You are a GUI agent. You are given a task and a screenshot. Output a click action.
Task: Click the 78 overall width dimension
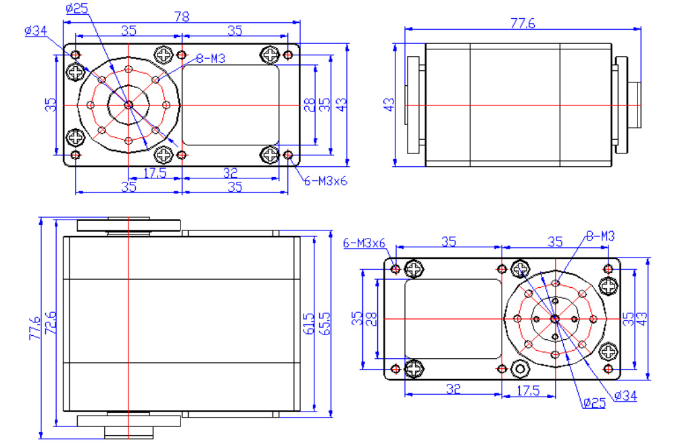[x=182, y=17]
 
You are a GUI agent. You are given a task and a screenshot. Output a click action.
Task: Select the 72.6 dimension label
[x=51, y=323]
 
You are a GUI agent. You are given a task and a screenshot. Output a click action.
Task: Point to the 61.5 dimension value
[x=308, y=324]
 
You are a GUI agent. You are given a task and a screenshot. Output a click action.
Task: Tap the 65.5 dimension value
[x=325, y=324]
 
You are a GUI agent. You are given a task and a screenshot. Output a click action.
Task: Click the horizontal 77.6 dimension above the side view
[x=523, y=23]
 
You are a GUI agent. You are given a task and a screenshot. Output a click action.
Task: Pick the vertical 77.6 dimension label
[x=34, y=328]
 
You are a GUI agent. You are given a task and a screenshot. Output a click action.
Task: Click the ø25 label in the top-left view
[x=77, y=9]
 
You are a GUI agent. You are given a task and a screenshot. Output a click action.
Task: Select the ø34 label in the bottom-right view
[x=625, y=396]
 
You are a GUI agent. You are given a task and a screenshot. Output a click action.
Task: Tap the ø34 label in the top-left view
[x=36, y=31]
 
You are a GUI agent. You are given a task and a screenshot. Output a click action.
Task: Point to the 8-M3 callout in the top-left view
[x=211, y=58]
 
